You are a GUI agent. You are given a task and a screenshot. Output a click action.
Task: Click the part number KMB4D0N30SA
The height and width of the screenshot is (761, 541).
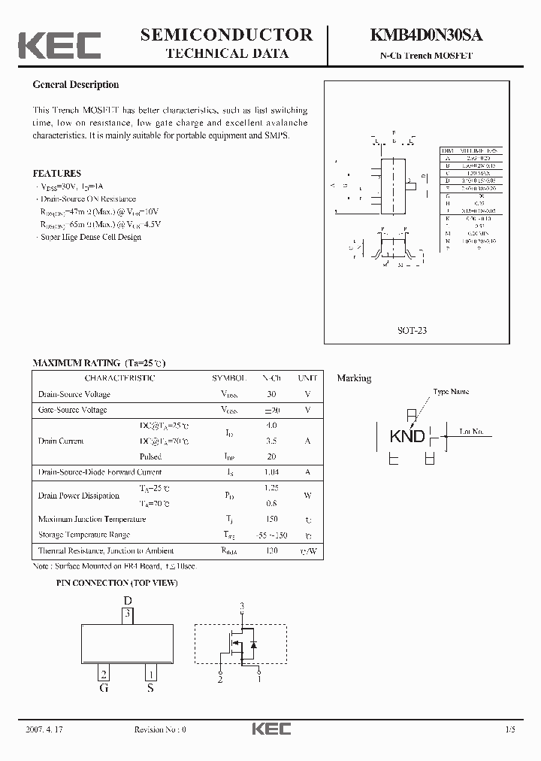(x=425, y=35)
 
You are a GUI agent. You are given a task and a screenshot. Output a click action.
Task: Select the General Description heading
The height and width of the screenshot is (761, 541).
(x=75, y=85)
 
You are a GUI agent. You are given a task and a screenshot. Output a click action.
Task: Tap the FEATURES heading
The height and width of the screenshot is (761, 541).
(x=56, y=174)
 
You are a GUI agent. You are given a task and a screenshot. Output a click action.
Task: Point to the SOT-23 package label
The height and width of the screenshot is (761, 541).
(x=412, y=330)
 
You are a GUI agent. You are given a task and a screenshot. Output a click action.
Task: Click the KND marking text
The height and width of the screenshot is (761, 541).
(x=407, y=436)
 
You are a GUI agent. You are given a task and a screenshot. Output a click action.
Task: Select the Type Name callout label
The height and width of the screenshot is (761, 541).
(x=451, y=392)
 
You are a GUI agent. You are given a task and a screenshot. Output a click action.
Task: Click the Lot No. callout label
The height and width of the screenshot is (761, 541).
(x=476, y=432)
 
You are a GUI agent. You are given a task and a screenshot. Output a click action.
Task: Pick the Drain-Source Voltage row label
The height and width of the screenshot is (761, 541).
(x=74, y=394)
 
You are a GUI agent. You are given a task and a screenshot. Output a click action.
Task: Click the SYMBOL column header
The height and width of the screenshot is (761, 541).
(x=228, y=378)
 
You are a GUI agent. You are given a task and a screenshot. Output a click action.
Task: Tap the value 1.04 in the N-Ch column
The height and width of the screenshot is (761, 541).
(x=271, y=472)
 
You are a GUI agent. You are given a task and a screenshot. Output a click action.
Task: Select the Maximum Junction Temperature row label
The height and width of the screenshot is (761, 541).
(x=92, y=519)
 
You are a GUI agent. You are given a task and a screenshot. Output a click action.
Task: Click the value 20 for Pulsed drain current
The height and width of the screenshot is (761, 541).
(x=271, y=456)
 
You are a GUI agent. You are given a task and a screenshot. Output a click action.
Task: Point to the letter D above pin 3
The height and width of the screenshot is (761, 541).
(x=128, y=600)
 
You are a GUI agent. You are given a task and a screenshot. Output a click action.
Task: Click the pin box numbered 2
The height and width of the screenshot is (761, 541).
(x=104, y=675)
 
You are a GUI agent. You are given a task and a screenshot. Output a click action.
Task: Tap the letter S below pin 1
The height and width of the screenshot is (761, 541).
(x=150, y=688)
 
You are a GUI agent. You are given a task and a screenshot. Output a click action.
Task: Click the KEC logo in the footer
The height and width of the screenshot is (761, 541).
(x=271, y=729)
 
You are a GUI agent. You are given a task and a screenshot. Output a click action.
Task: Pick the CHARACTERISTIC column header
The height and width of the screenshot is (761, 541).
(x=120, y=378)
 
